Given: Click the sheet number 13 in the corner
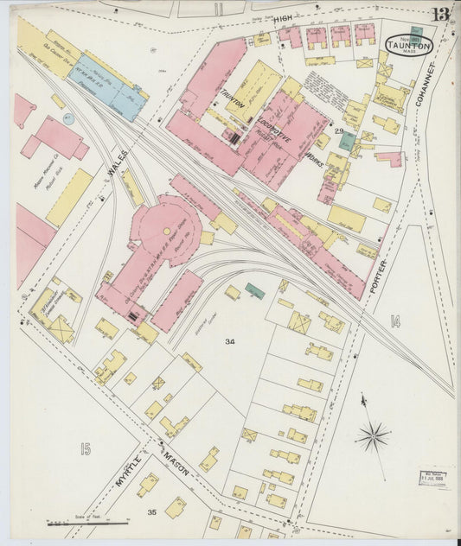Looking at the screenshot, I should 440,15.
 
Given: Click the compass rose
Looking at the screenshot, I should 372,437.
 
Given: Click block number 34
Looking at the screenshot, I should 230,341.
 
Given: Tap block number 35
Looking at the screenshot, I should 151,512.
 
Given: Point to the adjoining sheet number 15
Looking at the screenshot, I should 85,448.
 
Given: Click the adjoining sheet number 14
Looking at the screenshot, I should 395,322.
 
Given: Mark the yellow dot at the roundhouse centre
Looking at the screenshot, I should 166,231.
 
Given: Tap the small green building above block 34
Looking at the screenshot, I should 254,289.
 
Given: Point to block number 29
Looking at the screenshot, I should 340,131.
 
